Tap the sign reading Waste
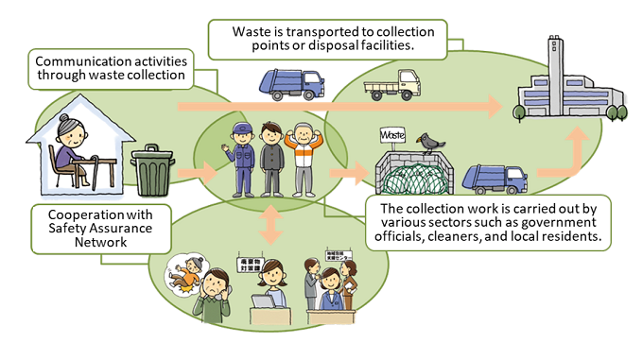(393, 136)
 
